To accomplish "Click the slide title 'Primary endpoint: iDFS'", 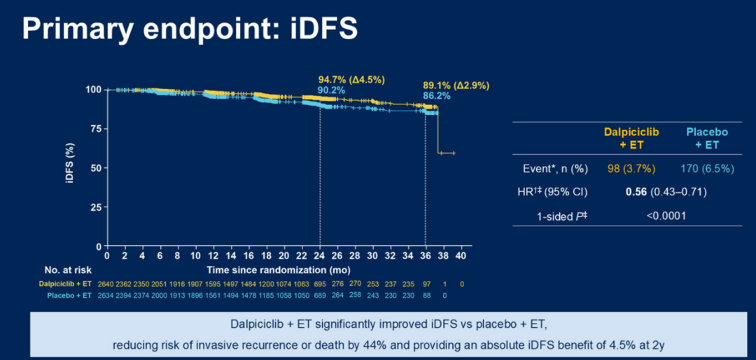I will pyautogui.click(x=190, y=29).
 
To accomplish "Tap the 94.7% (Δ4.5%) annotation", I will pyautogui.click(x=351, y=80).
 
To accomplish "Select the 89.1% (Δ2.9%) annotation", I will pyautogui.click(x=456, y=85).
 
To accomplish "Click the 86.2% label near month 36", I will pyautogui.click(x=436, y=95).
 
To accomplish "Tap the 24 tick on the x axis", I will pyautogui.click(x=320, y=256).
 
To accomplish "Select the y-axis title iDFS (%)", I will pyautogui.click(x=70, y=165).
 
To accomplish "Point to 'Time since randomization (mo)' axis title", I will pyautogui.click(x=279, y=270).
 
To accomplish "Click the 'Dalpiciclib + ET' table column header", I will pyautogui.click(x=627, y=139).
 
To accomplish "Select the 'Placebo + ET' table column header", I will pyautogui.click(x=707, y=139).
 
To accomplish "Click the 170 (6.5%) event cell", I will pyautogui.click(x=706, y=169).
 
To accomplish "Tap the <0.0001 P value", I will pyautogui.click(x=666, y=216).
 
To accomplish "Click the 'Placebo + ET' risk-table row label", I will pyautogui.click(x=69, y=295).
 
